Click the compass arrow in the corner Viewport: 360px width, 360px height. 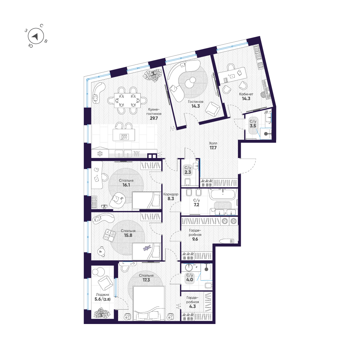[x=36, y=36]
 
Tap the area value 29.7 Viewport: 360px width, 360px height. [x=154, y=118]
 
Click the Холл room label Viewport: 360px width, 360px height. [x=213, y=143]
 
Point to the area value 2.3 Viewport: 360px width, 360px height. [x=188, y=172]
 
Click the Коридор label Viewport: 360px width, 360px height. [x=171, y=194]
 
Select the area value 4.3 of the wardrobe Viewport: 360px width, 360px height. [x=192, y=307]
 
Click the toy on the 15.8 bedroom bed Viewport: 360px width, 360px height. [x=146, y=248]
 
